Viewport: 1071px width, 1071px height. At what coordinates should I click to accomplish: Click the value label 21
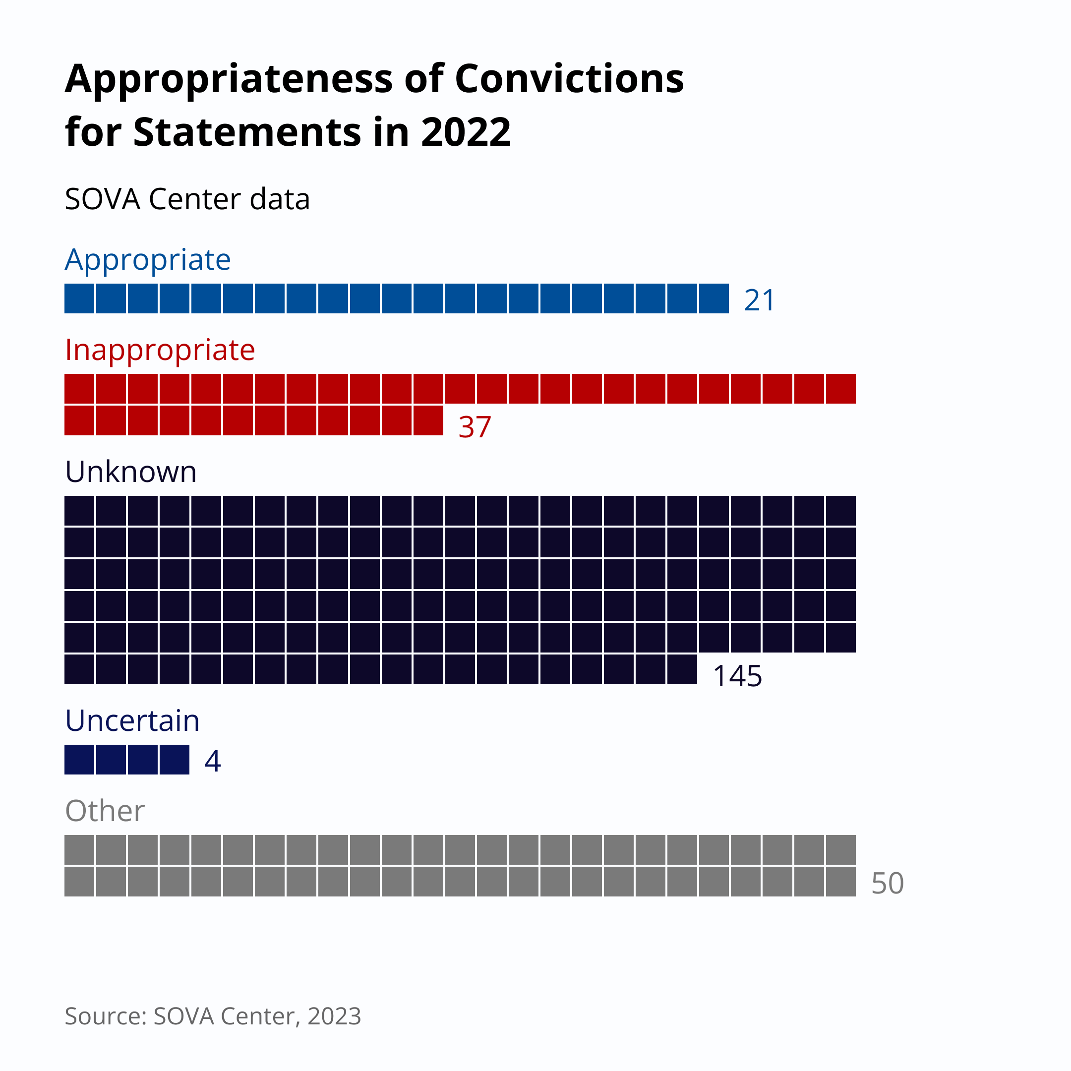click(x=759, y=300)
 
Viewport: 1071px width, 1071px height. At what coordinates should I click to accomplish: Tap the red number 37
click(x=475, y=427)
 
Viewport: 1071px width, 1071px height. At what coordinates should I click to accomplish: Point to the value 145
click(x=737, y=676)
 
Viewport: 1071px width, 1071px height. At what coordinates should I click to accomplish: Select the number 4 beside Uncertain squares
click(x=212, y=761)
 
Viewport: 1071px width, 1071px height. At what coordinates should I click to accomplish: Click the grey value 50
click(x=887, y=883)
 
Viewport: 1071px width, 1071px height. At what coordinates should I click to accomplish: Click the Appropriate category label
click(x=147, y=259)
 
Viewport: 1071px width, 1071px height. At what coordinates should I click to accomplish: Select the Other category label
click(x=105, y=811)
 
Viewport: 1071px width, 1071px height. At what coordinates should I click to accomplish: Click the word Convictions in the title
click(x=569, y=79)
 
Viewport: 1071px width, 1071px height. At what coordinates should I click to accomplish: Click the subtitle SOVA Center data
click(x=187, y=199)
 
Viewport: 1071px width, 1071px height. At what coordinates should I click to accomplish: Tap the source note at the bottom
click(x=213, y=1016)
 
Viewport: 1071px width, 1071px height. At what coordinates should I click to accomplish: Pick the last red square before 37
click(x=428, y=421)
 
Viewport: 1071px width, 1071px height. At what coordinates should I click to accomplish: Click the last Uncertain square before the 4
click(x=175, y=760)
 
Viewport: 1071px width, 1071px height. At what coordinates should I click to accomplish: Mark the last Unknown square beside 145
click(x=682, y=669)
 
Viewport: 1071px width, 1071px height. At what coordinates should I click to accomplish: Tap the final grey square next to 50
click(x=840, y=882)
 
